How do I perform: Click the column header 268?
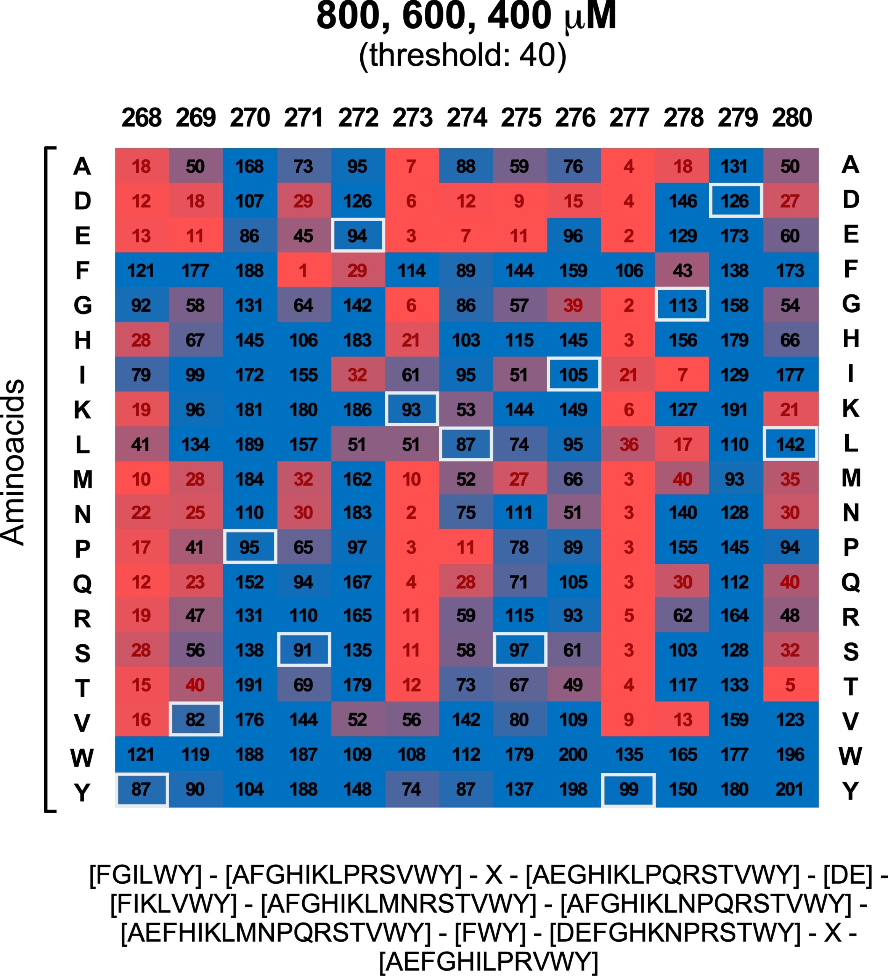pyautogui.click(x=141, y=118)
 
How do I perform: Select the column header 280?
pyautogui.click(x=792, y=118)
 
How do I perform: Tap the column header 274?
pyautogui.click(x=466, y=118)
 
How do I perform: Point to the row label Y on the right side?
pyautogui.click(x=851, y=791)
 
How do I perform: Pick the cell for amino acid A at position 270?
pyautogui.click(x=250, y=167)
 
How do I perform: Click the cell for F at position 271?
pyautogui.click(x=303, y=271)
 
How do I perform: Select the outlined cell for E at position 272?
pyautogui.click(x=358, y=236)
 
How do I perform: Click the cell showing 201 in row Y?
pyautogui.click(x=790, y=790)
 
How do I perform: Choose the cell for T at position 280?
pyautogui.click(x=790, y=685)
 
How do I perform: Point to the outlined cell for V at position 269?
pyautogui.click(x=196, y=720)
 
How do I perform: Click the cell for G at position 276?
pyautogui.click(x=574, y=305)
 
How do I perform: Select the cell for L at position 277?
pyautogui.click(x=628, y=445)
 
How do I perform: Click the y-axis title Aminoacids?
pyautogui.click(x=14, y=462)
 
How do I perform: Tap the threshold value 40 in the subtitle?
pyautogui.click(x=536, y=56)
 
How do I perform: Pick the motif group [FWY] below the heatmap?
pyautogui.click(x=490, y=933)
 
